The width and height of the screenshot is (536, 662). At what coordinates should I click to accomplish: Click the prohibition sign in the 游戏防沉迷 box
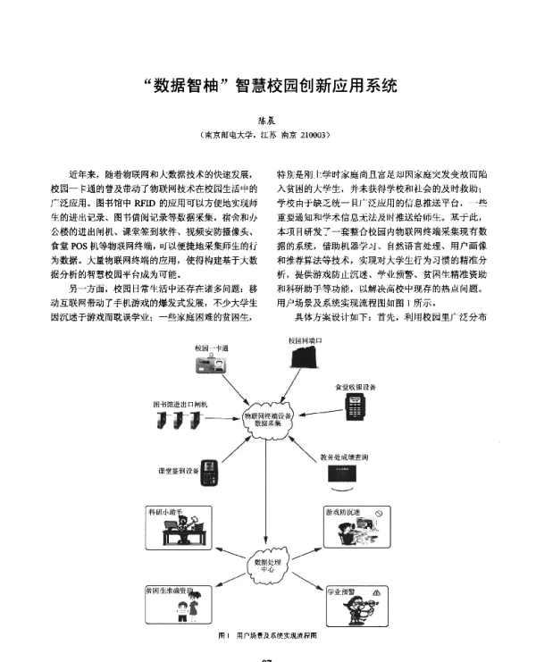click(x=378, y=514)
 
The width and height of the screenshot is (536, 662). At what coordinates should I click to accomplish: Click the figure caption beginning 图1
click(x=268, y=633)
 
